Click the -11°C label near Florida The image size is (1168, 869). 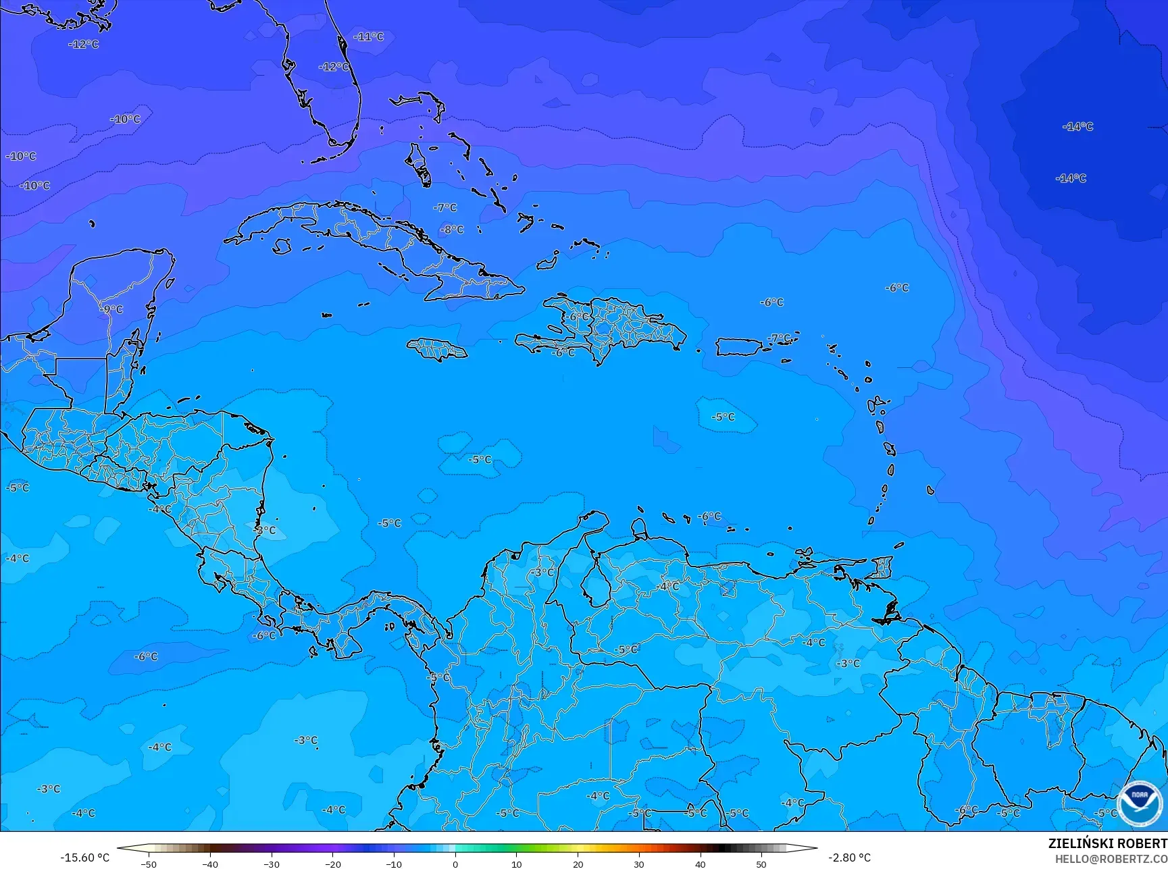[x=369, y=36]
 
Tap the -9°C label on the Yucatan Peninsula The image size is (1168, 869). [x=112, y=309]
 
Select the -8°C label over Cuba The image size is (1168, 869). [x=452, y=230]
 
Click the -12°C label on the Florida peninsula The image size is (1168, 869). [x=334, y=67]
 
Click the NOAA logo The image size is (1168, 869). [x=1140, y=803]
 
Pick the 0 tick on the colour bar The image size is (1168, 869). [x=455, y=864]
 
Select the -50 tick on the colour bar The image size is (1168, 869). [x=149, y=864]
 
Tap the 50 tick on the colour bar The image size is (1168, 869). [x=761, y=864]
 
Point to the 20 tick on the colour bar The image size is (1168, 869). [x=578, y=864]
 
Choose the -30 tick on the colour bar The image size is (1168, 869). [x=272, y=864]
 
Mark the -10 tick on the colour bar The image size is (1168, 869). [x=394, y=864]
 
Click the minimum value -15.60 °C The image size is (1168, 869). [x=84, y=858]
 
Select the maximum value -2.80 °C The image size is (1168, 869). [x=849, y=858]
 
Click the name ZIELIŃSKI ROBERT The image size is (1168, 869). [x=1107, y=843]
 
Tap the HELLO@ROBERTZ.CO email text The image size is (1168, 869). [x=1111, y=859]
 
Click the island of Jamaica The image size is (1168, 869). [x=436, y=349]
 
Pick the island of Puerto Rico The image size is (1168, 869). [x=738, y=347]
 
